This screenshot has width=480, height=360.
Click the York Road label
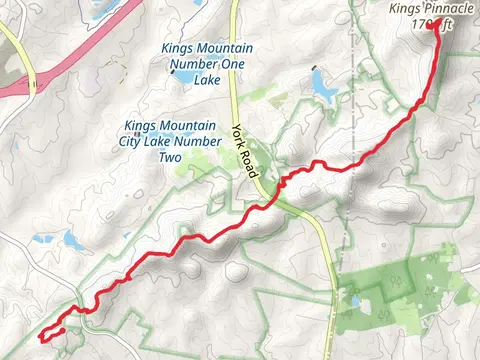point(247,150)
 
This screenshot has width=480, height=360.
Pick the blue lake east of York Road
point(324,90)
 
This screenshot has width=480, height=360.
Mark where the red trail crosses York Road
point(271,191)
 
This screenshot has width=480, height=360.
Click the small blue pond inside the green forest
point(355,299)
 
